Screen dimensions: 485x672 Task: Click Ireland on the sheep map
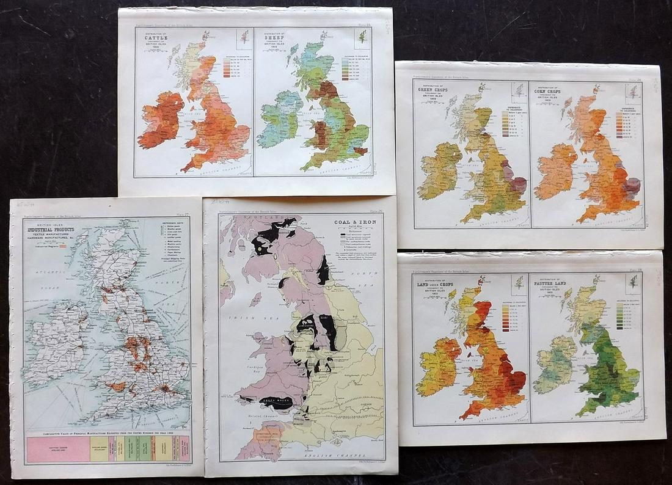(280, 120)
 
